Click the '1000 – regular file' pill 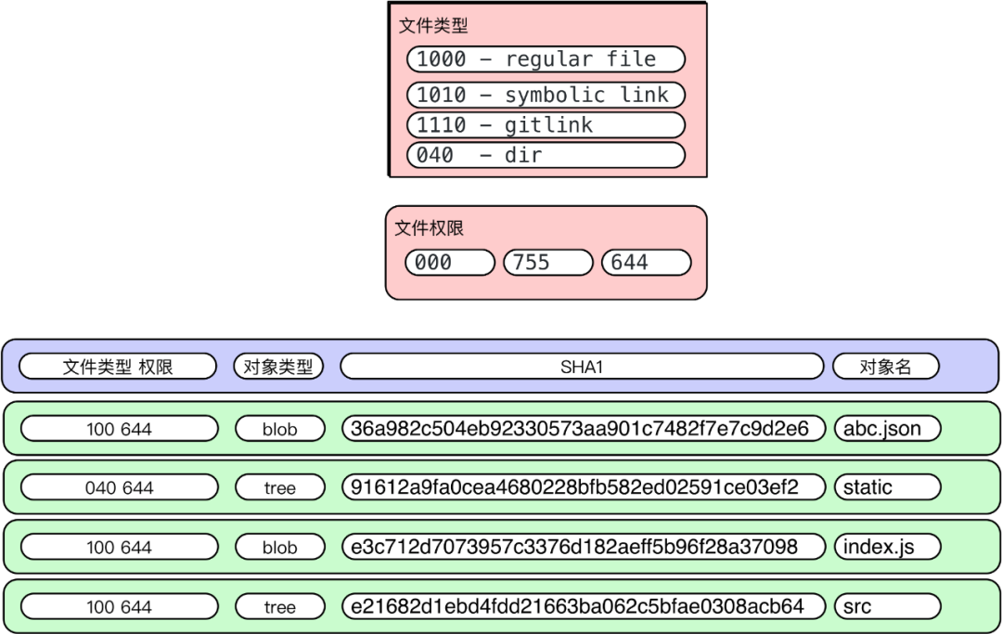546,59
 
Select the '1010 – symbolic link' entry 546,95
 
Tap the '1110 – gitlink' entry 546,125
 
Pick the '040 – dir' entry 546,155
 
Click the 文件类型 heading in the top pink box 433,26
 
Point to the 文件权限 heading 430,228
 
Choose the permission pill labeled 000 450,263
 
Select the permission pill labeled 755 547,263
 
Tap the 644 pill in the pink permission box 646,263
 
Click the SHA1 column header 582,367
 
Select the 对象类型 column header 278,367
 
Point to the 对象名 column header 886,367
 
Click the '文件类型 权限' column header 118,367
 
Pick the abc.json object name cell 887,428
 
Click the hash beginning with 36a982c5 583,428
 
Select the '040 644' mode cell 119,487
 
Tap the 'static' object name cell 887,487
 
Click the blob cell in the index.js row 279,548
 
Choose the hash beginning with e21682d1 583,607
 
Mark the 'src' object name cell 887,607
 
